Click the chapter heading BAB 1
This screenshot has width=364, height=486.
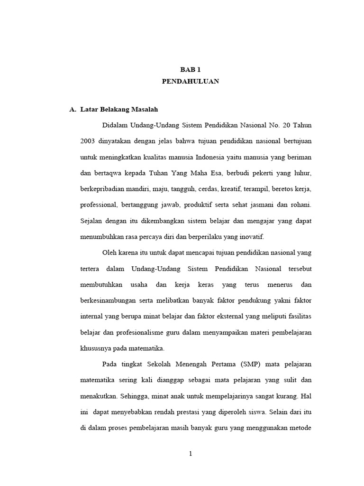click(190, 69)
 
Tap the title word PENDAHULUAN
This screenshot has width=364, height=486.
click(190, 81)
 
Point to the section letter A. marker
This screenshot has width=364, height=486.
click(73, 110)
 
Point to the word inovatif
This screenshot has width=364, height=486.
click(251, 236)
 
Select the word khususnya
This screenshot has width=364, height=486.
click(95, 348)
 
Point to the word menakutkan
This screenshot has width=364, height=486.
click(100, 396)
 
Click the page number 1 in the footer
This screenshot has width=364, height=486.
click(191, 454)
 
